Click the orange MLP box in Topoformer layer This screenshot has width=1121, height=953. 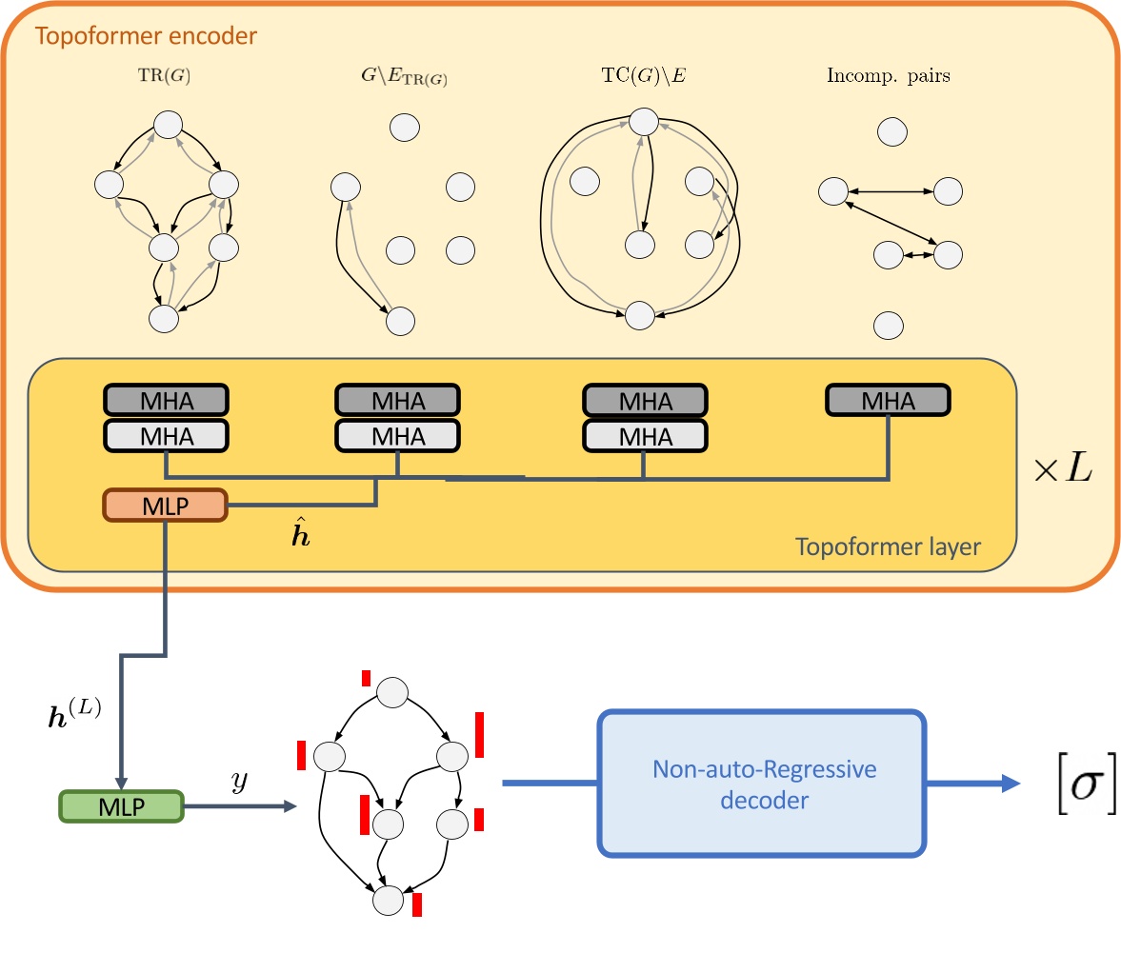tap(165, 506)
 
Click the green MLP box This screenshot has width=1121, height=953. tap(119, 807)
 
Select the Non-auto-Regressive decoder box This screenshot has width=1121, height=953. tap(760, 784)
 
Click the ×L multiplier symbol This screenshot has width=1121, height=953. tap(1073, 470)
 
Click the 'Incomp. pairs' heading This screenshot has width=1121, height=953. tap(888, 77)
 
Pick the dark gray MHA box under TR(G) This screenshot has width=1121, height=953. tap(165, 401)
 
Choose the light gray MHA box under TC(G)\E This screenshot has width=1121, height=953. tap(644, 436)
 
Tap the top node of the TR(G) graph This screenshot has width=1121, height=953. tap(168, 124)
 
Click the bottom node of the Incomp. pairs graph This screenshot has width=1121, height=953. tap(889, 325)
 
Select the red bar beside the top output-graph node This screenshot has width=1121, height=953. tap(366, 678)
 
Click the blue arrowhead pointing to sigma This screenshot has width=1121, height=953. tap(1009, 784)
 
